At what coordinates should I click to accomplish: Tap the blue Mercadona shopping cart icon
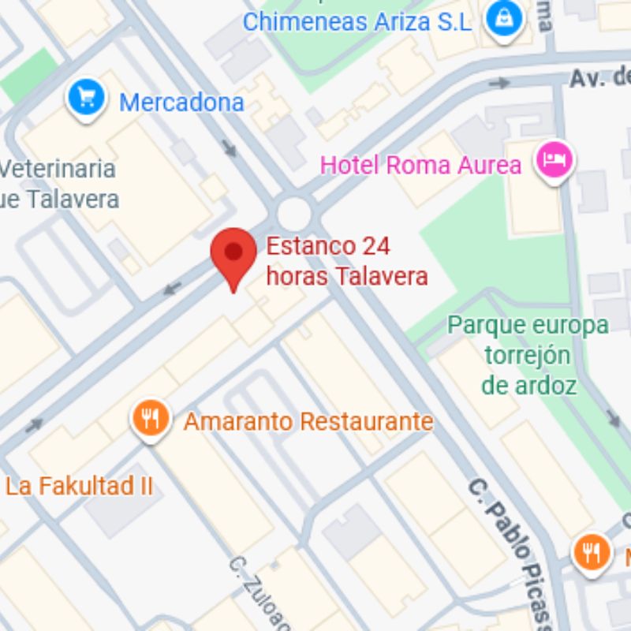tap(87, 98)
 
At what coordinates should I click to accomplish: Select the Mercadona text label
tap(181, 103)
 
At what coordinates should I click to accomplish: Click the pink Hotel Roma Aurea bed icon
tap(555, 160)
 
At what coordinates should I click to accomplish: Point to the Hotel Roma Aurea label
tap(420, 166)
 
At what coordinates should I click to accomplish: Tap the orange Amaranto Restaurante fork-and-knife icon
tap(151, 417)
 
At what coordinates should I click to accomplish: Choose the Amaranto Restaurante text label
tap(308, 421)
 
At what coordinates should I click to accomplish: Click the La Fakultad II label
tap(79, 486)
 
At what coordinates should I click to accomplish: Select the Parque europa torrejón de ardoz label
tap(528, 355)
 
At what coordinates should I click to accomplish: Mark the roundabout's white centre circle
tap(294, 211)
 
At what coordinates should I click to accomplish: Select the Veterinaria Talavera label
tap(59, 184)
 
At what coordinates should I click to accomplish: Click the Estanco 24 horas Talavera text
tap(347, 261)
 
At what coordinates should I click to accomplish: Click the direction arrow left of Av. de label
tap(498, 84)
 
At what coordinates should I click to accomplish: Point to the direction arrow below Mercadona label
tap(230, 147)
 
